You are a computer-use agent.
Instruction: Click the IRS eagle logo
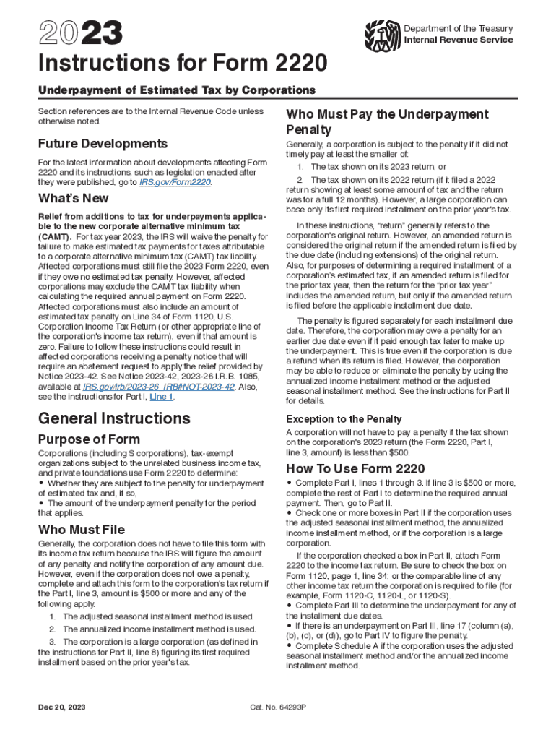point(382,34)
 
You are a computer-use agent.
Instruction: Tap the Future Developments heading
point(103,143)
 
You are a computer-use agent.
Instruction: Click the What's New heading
point(73,198)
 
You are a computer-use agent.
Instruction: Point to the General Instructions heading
point(114,418)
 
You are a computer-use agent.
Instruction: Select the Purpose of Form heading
point(89,439)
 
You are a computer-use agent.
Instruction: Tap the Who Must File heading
point(81,529)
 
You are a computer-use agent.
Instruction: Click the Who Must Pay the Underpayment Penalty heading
point(387,121)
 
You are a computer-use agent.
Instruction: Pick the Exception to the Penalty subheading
point(344,419)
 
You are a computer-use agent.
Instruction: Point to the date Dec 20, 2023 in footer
point(62,706)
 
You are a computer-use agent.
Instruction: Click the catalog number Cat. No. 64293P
point(279,706)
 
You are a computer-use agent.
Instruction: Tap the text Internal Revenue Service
point(459,40)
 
